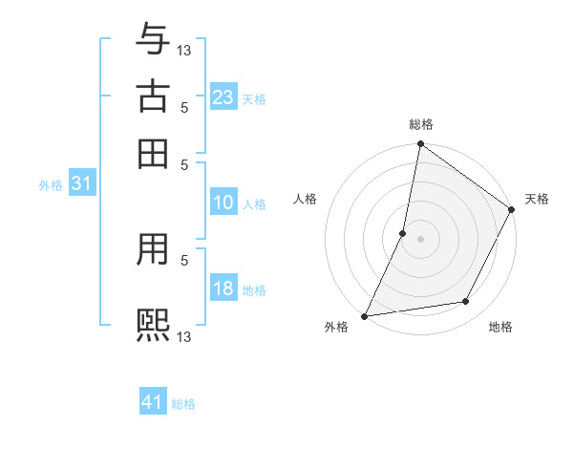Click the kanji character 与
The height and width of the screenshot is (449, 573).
click(153, 41)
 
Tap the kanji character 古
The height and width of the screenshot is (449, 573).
click(153, 97)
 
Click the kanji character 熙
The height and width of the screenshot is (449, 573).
click(153, 324)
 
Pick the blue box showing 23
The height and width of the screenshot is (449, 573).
click(223, 97)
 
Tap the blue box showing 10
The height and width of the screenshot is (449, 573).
click(223, 203)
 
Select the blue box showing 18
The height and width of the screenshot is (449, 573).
click(223, 289)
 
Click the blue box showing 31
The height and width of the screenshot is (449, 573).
click(80, 184)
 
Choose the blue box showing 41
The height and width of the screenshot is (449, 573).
click(153, 402)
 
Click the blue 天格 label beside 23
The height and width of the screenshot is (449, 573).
click(254, 98)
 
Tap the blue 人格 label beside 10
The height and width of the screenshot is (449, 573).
click(254, 203)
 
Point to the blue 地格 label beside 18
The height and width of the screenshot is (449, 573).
click(254, 289)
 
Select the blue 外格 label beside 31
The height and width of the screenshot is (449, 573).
click(50, 185)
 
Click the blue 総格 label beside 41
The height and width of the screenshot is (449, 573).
click(183, 403)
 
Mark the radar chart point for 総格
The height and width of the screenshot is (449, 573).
click(420, 145)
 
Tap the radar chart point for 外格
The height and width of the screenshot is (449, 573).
click(364, 316)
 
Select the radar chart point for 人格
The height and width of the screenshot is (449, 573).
click(403, 233)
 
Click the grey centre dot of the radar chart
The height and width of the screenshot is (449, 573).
click(420, 239)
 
